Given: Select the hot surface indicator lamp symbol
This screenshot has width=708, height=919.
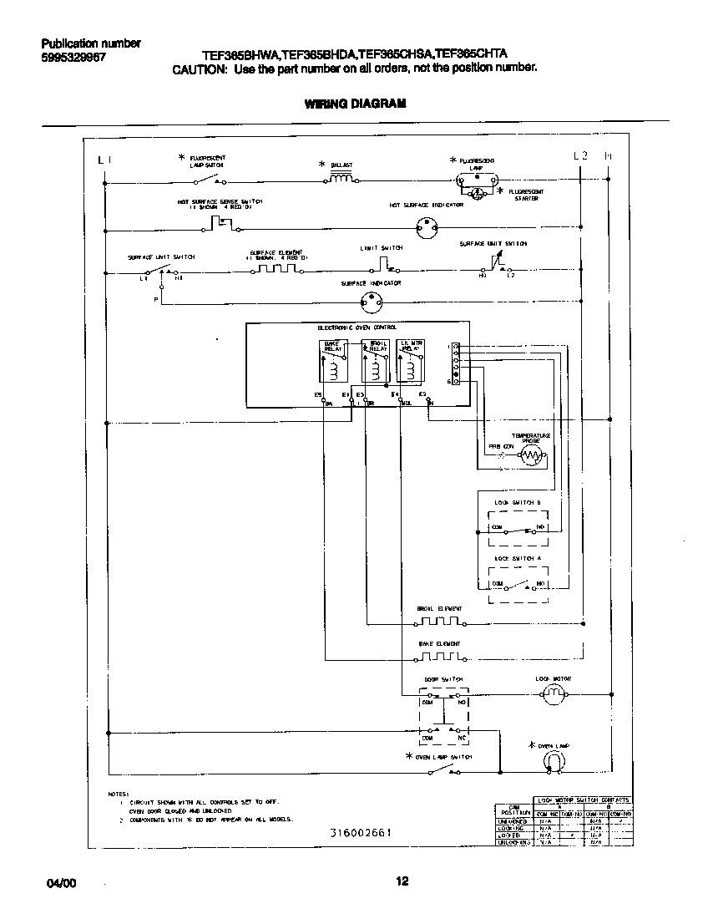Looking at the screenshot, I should [x=427, y=226].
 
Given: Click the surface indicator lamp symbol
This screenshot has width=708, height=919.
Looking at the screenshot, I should [x=370, y=303].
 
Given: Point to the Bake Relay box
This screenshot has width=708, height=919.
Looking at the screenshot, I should [x=334, y=361].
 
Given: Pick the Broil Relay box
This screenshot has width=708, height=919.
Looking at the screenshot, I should [x=374, y=361].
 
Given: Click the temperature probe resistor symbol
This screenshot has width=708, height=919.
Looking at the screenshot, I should [x=532, y=455].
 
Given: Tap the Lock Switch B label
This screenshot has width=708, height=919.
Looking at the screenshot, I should [x=518, y=502].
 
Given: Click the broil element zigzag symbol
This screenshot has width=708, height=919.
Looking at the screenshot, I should [x=439, y=622].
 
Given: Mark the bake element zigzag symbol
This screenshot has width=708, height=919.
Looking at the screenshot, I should [x=439, y=658].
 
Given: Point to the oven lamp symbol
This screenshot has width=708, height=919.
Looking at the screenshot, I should [x=552, y=760].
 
